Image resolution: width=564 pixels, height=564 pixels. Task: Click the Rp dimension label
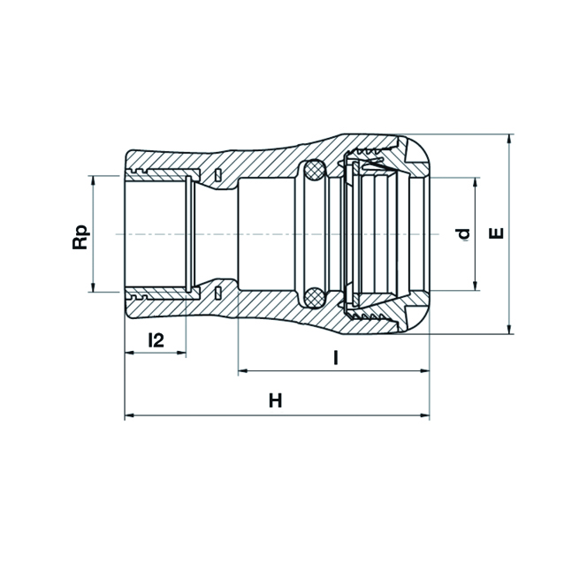80,237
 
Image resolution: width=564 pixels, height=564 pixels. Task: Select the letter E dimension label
497,233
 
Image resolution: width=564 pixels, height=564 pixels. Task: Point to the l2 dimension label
156,340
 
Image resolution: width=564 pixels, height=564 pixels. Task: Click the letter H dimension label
276,400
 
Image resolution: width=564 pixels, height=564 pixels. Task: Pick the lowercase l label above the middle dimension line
336,358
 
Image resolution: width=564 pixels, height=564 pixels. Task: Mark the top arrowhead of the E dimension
509,139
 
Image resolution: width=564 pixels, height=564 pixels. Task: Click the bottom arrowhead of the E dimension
509,330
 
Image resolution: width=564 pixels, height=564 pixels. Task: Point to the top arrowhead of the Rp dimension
93,180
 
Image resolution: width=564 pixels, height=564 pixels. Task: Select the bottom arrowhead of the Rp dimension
93,287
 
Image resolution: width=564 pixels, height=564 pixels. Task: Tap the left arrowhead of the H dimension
129,415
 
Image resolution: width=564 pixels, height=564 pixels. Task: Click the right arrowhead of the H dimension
425,415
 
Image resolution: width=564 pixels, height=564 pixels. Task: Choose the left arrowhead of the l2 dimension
129,353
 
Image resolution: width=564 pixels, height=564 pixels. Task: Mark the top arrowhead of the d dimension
476,182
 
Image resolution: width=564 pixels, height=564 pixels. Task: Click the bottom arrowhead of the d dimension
476,286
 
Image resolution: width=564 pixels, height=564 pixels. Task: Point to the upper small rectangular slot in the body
217,174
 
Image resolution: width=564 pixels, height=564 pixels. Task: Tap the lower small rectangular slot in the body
217,293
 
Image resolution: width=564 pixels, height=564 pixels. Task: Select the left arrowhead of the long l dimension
243,371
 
